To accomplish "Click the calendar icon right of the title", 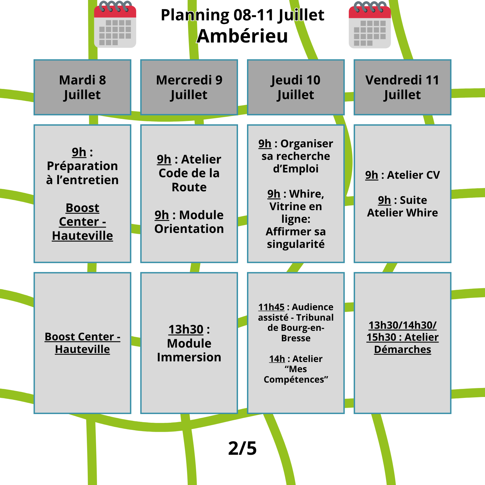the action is point(370,25).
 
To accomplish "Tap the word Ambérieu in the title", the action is point(242,36).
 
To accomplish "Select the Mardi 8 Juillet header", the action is point(82,87).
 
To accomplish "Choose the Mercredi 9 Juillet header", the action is point(189,87).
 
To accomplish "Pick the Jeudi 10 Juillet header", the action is point(296,87).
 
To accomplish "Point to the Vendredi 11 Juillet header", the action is point(402,87).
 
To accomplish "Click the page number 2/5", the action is point(242,448).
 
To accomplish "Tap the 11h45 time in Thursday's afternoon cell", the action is point(271,307).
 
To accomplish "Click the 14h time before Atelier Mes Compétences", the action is point(277,359).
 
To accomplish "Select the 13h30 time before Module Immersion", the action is point(186,329).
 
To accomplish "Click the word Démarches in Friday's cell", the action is point(403,349).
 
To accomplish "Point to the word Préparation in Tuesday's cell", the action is point(82,166).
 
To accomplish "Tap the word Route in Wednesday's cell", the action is point(189,187).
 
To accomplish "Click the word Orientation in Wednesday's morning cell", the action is point(189,229).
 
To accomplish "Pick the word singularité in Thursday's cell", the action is point(296,244).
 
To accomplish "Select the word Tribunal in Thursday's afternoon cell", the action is point(315,317).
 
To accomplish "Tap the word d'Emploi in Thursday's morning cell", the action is point(296,169).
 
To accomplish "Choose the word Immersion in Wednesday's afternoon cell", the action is point(189,357).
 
